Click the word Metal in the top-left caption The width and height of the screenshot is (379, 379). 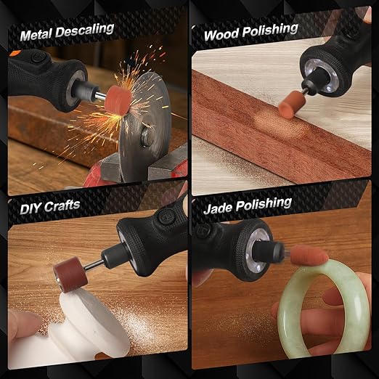tap(38, 33)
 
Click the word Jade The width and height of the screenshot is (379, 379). tap(221, 206)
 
